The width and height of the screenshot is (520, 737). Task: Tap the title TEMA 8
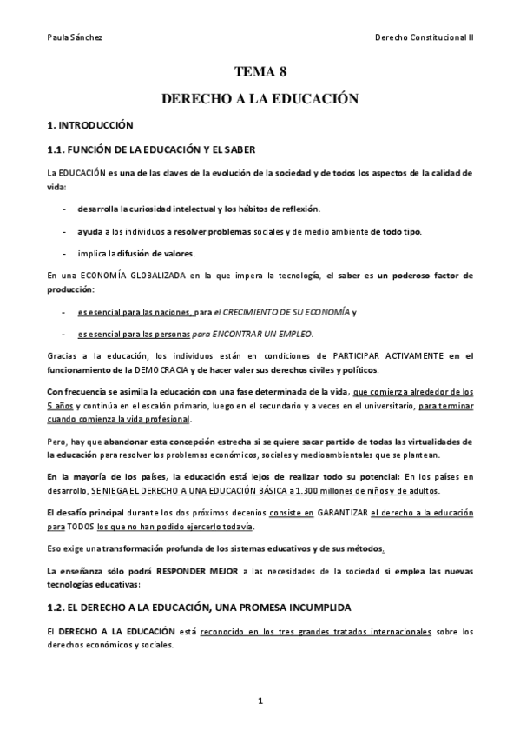[x=260, y=74]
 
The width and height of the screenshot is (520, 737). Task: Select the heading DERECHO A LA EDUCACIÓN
[x=260, y=100]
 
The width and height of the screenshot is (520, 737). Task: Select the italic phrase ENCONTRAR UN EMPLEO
[x=267, y=333]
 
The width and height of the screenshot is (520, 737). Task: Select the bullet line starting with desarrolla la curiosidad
[x=199, y=209]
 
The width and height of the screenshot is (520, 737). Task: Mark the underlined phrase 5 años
[x=60, y=406]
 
